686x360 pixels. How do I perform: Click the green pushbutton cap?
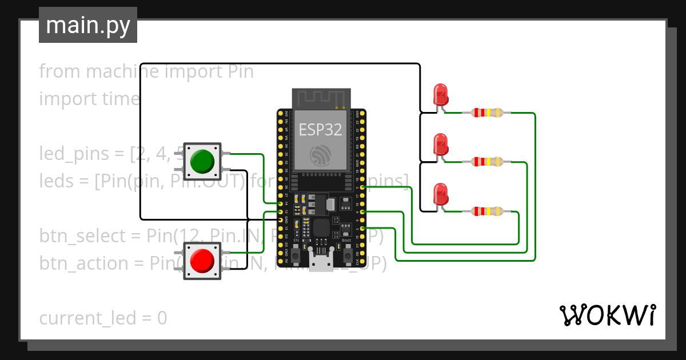pos(202,161)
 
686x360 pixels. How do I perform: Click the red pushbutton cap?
pos(202,261)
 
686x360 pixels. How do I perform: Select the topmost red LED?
pos(440,94)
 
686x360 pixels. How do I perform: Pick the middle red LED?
pos(440,145)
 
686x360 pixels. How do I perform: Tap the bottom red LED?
pos(440,194)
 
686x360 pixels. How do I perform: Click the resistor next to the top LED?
pos(486,113)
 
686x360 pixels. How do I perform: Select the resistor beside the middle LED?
pos(486,162)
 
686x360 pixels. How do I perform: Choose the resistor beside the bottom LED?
pos(486,211)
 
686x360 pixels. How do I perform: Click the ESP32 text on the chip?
pos(320,130)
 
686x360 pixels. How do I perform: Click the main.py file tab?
pos(88,25)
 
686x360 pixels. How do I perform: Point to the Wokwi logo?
pos(607,315)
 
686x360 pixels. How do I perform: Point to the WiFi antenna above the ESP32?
pos(320,98)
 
